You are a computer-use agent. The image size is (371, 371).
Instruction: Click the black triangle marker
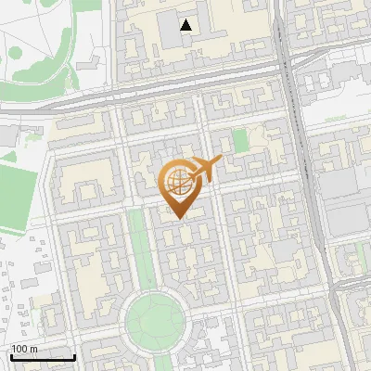pyautogui.click(x=187, y=25)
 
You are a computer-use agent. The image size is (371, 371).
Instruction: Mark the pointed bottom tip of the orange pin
pyautogui.click(x=176, y=219)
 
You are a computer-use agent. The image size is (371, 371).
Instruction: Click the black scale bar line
pyautogui.click(x=43, y=357)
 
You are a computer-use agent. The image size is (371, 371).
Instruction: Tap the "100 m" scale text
pyautogui.click(x=25, y=349)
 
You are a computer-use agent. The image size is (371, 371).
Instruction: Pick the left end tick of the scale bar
pyautogui.click(x=11, y=356)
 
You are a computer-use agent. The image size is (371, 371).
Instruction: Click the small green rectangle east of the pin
pyautogui.click(x=241, y=141)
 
